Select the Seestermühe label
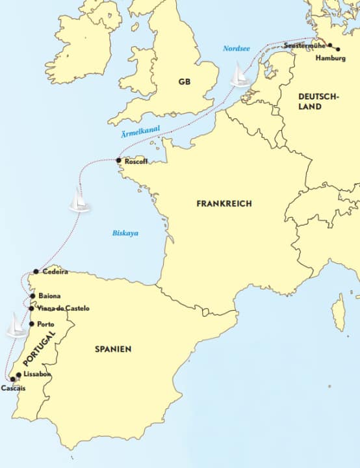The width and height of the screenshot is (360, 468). [x=305, y=46]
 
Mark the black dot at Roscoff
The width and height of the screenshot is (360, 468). [x=118, y=161]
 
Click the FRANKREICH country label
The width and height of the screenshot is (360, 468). [x=224, y=203]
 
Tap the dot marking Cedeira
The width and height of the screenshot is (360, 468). [x=36, y=272]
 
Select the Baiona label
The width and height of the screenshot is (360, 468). [x=50, y=294]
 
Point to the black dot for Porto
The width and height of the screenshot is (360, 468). [x=31, y=324]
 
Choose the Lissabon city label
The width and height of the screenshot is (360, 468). [x=36, y=375]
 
